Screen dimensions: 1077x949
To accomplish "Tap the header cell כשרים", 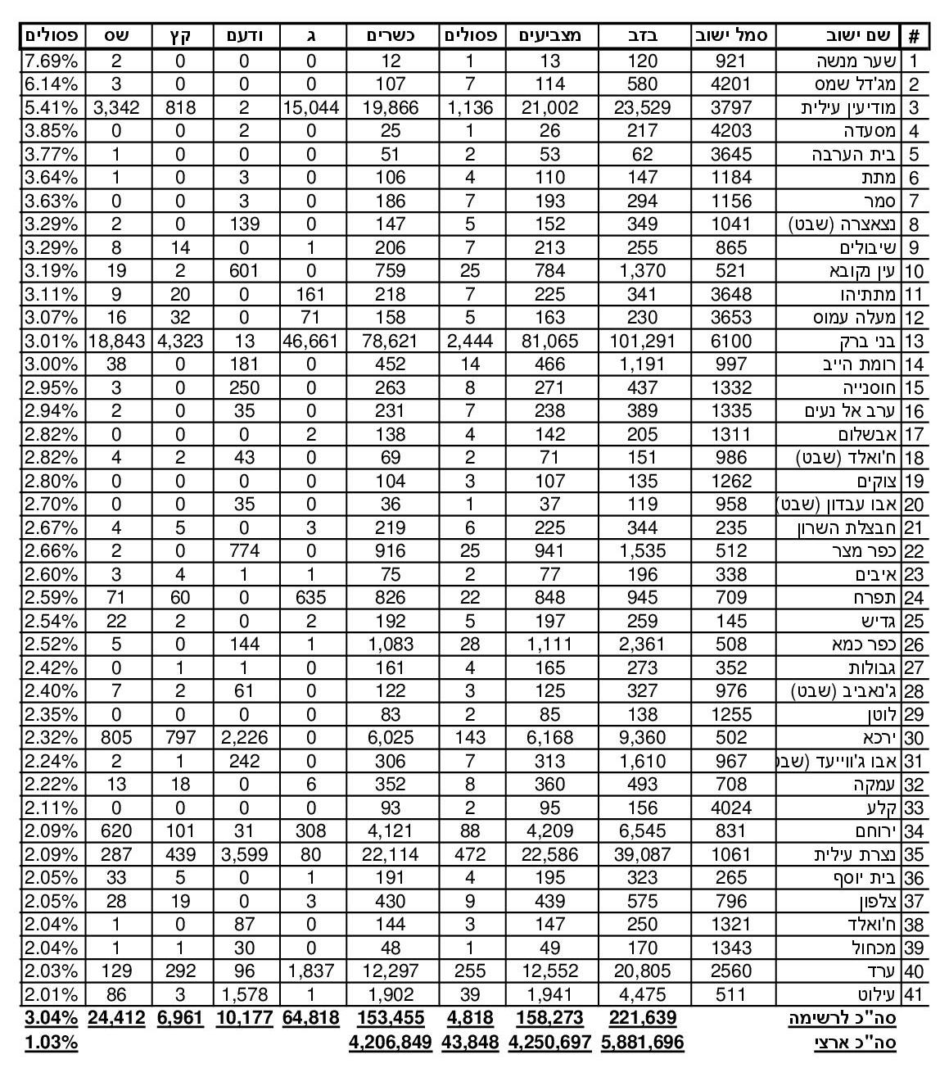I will (x=390, y=35).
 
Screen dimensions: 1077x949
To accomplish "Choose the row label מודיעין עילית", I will (x=852, y=107).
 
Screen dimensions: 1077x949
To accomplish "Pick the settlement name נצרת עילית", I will (x=856, y=855).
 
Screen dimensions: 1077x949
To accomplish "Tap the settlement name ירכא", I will (x=881, y=738).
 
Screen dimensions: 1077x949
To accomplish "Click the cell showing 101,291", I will (x=643, y=341).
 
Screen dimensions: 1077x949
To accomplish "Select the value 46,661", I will (x=310, y=341).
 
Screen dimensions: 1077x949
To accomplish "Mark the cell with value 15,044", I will (x=310, y=107).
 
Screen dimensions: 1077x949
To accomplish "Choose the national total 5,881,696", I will (x=643, y=1043).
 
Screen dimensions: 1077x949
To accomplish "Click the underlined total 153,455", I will (x=390, y=1018).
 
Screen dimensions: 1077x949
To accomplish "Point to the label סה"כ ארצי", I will (x=854, y=1043).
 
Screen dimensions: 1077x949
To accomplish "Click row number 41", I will (x=913, y=995).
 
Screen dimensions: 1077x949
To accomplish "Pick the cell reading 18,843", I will (x=115, y=341).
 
